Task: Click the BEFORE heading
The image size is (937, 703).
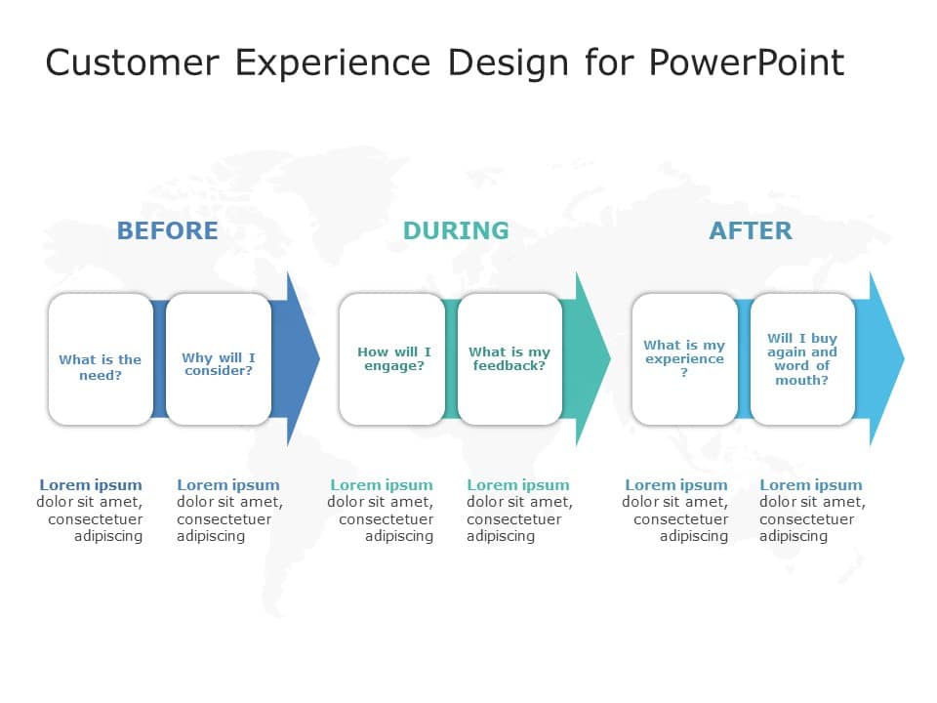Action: point(167,230)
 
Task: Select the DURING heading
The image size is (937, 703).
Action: point(456,230)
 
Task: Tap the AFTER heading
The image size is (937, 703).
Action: point(750,230)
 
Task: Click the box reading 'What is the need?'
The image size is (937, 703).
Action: point(101,360)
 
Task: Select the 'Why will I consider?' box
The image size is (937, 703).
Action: point(219,360)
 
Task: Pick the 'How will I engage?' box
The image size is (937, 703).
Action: point(393,359)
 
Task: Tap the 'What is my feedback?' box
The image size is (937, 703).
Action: point(509,359)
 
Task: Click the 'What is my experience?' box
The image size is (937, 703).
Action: point(684,359)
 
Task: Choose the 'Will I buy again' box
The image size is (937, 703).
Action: point(802,359)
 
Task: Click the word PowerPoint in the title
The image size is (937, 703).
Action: point(747,62)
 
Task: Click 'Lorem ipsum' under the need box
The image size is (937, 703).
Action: point(91,485)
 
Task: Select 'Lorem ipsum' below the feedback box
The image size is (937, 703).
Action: point(517,485)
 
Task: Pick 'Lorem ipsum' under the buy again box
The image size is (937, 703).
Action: point(811,485)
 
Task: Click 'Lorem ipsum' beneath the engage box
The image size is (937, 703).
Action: point(382,485)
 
